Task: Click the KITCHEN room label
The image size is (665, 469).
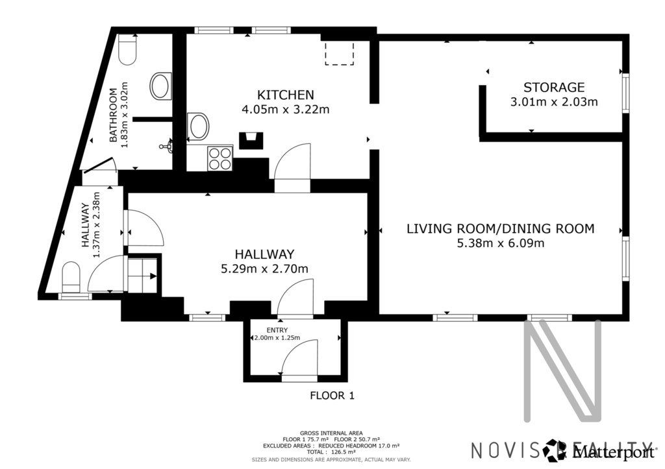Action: click(286, 95)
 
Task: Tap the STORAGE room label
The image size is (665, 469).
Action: click(554, 88)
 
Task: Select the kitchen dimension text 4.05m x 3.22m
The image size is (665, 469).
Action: click(286, 110)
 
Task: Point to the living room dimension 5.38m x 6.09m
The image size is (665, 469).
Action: click(501, 243)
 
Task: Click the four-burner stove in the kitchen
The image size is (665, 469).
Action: click(220, 158)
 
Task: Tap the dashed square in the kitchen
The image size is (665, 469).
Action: click(339, 53)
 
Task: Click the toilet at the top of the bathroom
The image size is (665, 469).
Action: click(127, 49)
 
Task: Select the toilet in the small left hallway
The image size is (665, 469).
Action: click(71, 277)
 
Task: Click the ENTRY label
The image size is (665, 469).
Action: click(277, 330)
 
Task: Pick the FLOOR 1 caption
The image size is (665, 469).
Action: click(332, 396)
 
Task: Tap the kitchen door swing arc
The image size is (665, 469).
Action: click(293, 162)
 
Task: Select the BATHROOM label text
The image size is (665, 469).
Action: click(113, 115)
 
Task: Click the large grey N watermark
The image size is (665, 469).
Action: click(564, 370)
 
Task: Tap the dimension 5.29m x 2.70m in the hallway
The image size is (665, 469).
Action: click(264, 269)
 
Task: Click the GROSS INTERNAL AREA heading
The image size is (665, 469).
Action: click(331, 433)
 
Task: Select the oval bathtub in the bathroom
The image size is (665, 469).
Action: click(161, 86)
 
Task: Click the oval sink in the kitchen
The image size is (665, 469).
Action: click(197, 126)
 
